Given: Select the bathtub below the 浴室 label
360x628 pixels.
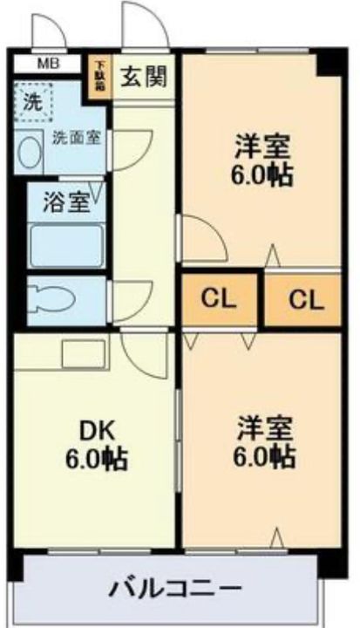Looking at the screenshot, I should tap(66, 244).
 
